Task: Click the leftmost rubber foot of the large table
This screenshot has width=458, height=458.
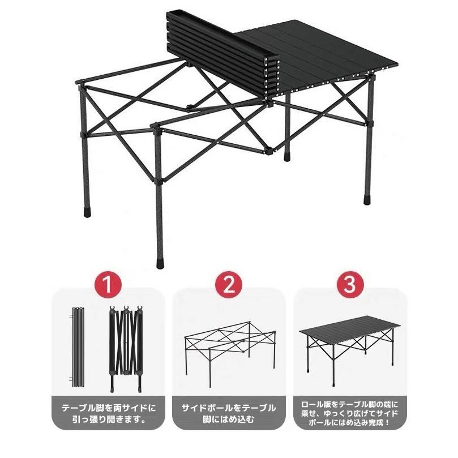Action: click(88, 212)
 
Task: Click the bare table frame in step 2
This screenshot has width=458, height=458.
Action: click(230, 353)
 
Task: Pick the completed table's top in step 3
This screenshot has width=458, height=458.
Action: click(350, 330)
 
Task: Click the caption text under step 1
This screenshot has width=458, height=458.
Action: click(109, 414)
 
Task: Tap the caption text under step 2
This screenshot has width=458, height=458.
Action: click(229, 414)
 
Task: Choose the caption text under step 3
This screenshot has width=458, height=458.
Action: click(350, 414)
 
